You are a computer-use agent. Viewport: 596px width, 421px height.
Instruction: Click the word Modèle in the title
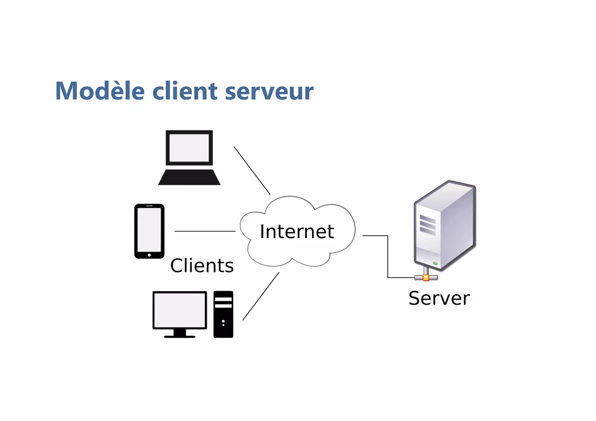100,91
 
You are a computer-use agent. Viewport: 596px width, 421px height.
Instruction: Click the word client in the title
185,91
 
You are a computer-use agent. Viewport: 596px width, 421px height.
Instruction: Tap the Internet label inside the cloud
297,232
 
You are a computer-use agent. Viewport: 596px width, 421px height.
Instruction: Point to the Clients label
202,265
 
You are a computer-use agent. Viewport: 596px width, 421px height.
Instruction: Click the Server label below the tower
439,298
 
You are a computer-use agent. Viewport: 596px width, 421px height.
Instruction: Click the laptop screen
189,148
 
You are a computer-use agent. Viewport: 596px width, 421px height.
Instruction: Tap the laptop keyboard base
189,177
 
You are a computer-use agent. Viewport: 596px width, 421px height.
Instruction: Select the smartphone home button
149,255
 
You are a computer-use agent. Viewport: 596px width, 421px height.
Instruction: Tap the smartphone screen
149,230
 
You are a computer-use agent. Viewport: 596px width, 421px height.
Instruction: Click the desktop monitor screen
180,310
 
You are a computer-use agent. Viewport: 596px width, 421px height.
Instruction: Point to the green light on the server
435,263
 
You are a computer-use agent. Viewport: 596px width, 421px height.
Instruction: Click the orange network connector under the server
426,278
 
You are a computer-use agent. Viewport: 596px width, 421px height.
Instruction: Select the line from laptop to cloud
252,170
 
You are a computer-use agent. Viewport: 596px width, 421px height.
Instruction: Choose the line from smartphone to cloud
205,231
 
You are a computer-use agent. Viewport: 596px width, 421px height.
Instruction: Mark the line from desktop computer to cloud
261,296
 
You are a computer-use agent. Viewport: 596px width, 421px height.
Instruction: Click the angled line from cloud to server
388,256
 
